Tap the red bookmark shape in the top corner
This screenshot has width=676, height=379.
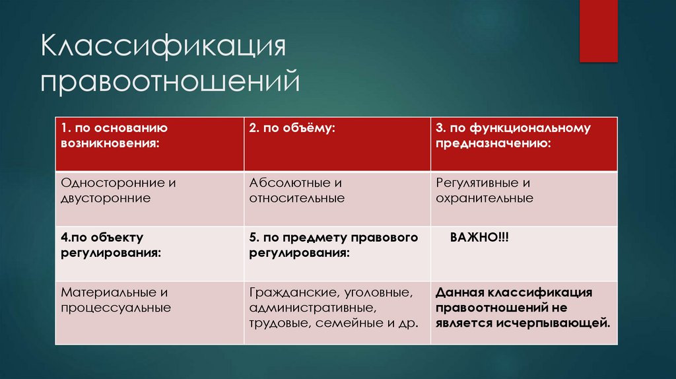click(597, 30)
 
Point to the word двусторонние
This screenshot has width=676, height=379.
click(106, 197)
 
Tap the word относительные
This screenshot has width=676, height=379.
click(297, 198)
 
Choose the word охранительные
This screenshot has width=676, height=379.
click(484, 198)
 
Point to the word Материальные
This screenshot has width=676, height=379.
click(103, 292)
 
